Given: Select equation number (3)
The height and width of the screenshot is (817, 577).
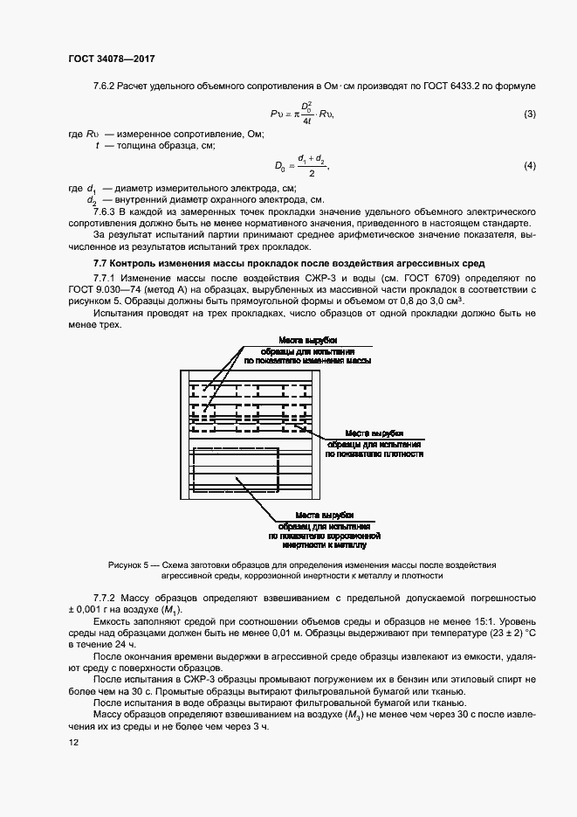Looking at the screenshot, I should click(x=529, y=115).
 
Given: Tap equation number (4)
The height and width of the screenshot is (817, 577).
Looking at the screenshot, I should click(x=529, y=166).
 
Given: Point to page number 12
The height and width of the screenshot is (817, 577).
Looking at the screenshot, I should click(x=72, y=742).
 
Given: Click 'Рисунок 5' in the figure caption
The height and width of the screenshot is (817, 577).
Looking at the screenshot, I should click(x=127, y=565).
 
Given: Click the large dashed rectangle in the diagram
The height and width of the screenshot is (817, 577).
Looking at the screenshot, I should click(x=236, y=472).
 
